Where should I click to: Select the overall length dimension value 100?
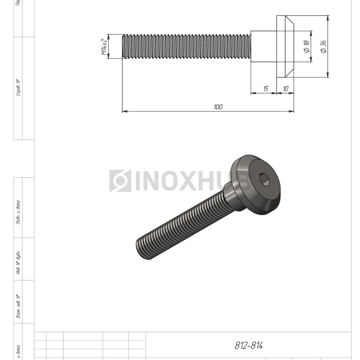(218, 106)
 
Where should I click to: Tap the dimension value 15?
(265, 89)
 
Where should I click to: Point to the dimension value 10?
(285, 89)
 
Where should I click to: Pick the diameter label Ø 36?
(323, 47)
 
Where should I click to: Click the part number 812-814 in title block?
(249, 346)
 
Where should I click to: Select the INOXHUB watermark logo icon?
(120, 181)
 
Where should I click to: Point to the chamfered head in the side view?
(285, 47)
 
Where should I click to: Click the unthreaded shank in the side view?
(263, 47)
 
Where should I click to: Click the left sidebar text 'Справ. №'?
(19, 88)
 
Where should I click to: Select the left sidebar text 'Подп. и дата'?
(19, 212)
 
